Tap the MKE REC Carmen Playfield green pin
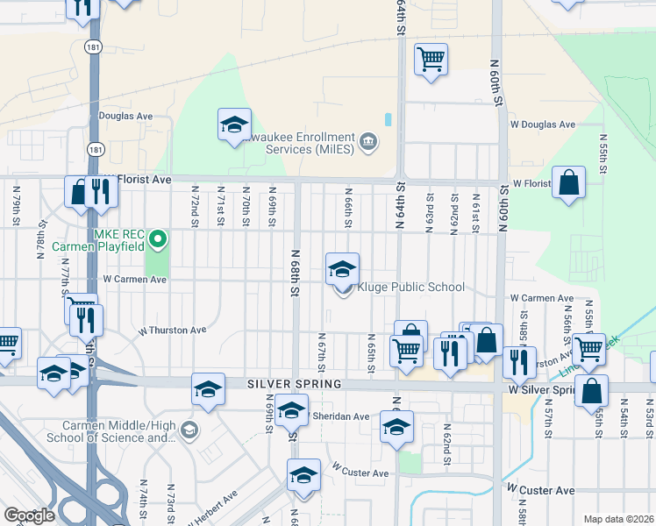click(158, 238)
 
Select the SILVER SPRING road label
click(280, 384)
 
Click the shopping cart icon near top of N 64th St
click(431, 60)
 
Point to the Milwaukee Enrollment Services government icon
click(368, 141)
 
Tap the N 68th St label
click(296, 272)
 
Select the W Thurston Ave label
click(172, 331)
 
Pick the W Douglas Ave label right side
click(546, 125)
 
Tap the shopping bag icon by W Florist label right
click(569, 183)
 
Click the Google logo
click(28, 515)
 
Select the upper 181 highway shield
click(93, 46)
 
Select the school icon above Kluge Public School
click(342, 268)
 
